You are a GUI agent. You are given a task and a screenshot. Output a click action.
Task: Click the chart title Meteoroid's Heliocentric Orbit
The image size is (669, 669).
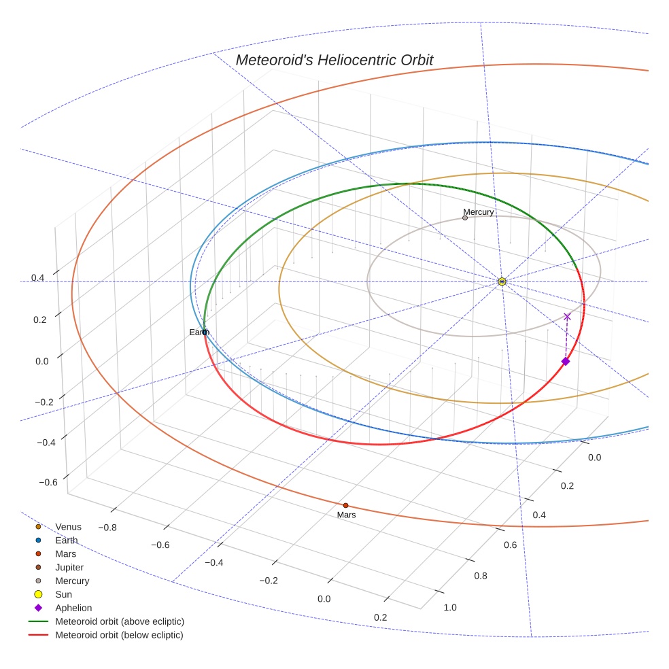(334, 60)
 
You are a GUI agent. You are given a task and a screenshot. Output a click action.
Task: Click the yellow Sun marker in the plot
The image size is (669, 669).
(502, 281)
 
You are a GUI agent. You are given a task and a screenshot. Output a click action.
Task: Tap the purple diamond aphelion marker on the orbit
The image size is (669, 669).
(565, 361)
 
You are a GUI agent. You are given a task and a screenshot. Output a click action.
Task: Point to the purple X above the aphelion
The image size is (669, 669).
(567, 316)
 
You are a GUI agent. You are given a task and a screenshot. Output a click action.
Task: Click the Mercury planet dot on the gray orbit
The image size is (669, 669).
(465, 218)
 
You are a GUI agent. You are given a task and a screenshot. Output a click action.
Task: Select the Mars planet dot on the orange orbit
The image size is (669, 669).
(345, 505)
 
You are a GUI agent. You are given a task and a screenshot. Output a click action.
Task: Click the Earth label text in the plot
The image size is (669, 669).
(199, 332)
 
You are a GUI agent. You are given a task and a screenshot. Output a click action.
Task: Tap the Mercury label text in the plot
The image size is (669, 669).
(479, 212)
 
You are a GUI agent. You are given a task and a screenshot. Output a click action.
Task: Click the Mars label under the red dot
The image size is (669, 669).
(346, 515)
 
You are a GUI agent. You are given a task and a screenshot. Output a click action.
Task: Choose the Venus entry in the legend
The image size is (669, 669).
(68, 526)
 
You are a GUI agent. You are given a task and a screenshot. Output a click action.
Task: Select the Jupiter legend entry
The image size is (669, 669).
(69, 567)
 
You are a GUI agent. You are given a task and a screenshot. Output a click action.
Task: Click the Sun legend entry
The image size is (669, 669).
(63, 594)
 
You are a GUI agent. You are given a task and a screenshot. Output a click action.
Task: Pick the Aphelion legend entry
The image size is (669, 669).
(73, 608)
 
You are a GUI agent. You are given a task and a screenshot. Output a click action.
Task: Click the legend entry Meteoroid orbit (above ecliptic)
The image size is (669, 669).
(120, 621)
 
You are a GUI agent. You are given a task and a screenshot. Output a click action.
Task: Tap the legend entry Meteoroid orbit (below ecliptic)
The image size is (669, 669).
(120, 635)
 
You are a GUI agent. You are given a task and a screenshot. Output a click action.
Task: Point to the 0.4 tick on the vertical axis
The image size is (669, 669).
(37, 278)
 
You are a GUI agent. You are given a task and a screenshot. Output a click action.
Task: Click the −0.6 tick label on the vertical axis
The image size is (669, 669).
(48, 483)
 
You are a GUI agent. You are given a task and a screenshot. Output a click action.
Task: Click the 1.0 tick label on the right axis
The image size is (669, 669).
(450, 607)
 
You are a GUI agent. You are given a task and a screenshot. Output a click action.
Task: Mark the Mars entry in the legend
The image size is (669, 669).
(66, 553)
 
